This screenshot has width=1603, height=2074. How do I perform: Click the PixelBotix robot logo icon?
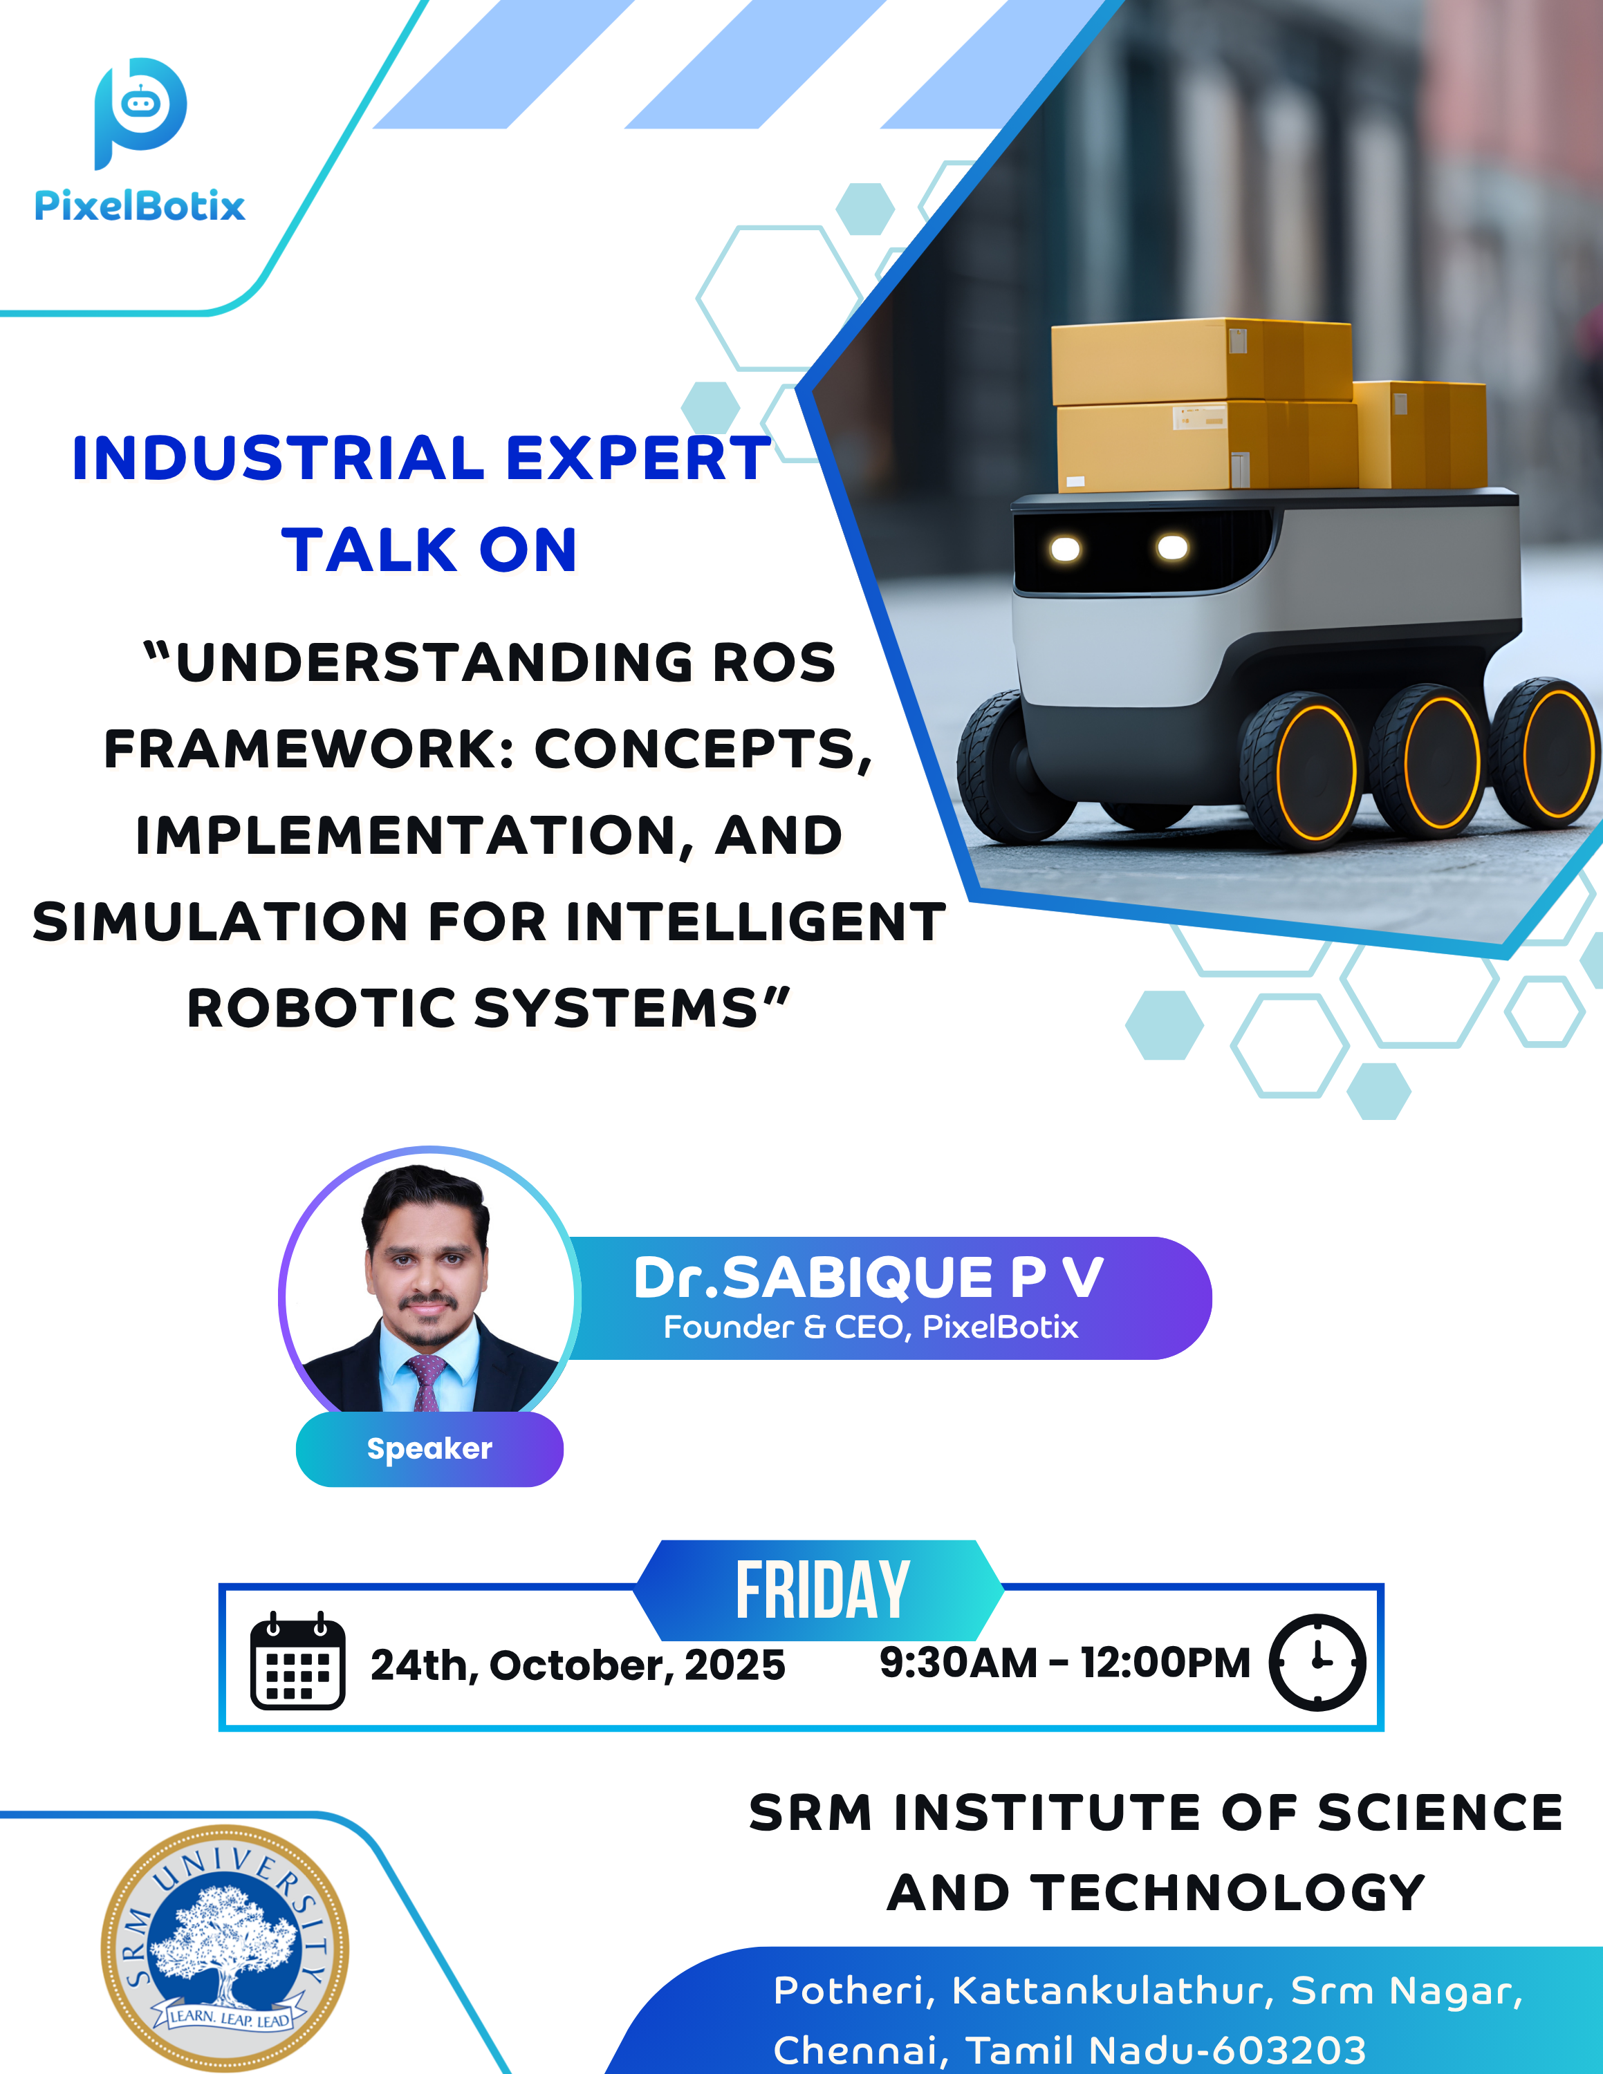140,112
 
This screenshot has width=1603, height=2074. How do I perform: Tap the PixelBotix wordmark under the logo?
140,206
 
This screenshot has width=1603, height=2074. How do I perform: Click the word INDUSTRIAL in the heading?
278,458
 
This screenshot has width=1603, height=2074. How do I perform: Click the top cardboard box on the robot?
1201,361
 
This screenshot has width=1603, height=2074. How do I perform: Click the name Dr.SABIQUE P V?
868,1278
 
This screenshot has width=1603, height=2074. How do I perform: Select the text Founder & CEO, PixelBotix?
871,1327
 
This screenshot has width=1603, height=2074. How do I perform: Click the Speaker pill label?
429,1449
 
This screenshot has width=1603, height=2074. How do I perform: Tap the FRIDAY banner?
819,1589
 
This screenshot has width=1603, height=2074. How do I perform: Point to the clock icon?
1318,1663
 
